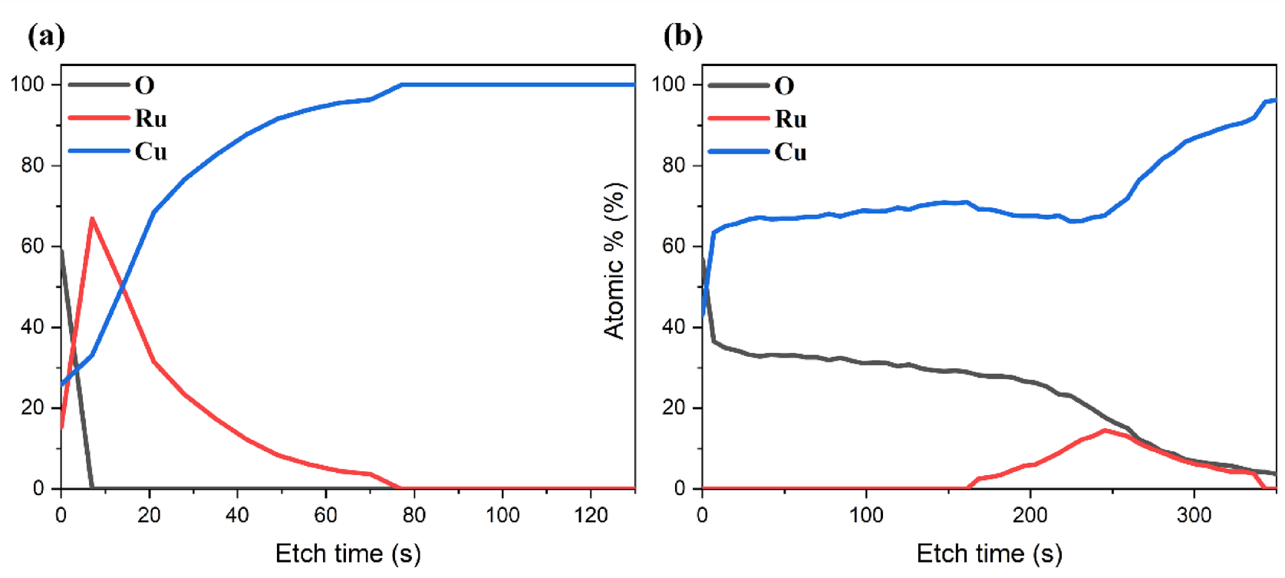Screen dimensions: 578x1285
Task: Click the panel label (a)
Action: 46,35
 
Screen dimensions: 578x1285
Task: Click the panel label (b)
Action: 683,35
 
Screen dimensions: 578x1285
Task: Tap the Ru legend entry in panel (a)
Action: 150,118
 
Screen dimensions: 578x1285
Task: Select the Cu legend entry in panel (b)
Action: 790,152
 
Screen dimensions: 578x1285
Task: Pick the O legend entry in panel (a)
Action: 144,84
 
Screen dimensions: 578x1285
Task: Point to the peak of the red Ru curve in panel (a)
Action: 92,218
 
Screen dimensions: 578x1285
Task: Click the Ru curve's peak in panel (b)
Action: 1105,431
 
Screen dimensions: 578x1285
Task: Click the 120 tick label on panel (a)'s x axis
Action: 591,515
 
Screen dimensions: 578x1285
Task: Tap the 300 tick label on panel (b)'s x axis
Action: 1194,515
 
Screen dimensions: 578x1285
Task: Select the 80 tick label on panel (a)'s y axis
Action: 31,165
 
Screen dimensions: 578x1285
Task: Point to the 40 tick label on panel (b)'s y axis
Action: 673,327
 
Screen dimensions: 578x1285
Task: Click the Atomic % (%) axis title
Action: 615,261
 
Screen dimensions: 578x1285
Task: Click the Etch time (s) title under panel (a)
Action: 348,553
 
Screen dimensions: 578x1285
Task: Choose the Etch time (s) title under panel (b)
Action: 989,553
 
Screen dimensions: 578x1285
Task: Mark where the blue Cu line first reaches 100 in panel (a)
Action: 401,84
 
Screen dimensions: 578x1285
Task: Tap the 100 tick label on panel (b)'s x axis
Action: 866,515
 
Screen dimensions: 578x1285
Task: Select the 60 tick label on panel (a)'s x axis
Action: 326,515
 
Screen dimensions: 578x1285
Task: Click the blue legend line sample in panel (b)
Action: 738,152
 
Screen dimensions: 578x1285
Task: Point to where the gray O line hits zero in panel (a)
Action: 92,487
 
